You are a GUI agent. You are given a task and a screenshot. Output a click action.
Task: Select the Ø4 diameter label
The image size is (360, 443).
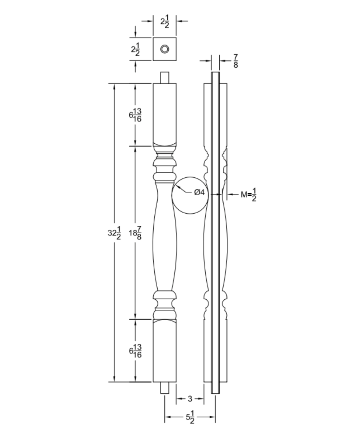[199, 192]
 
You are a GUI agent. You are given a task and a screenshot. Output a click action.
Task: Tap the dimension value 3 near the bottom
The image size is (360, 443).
[190, 399]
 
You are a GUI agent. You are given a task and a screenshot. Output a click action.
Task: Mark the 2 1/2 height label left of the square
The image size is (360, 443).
[136, 50]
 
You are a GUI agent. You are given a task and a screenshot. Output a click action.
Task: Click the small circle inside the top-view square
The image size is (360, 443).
[164, 49]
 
